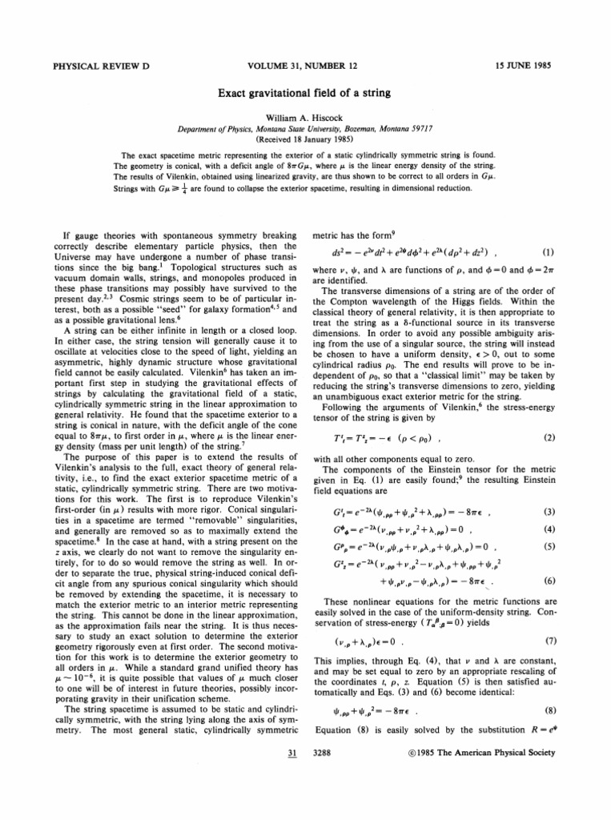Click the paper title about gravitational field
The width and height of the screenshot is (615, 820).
(307, 94)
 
